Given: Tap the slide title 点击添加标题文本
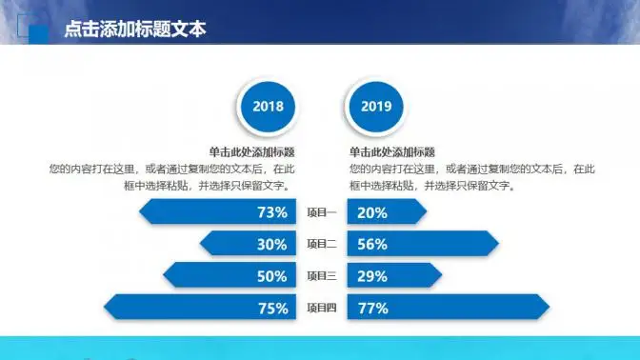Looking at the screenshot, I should click(134, 30).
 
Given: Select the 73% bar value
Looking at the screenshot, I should click(272, 212).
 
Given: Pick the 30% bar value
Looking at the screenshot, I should click(272, 245).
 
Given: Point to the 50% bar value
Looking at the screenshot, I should click(272, 276).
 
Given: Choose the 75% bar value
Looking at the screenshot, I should click(272, 308).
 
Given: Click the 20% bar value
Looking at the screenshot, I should click(372, 212).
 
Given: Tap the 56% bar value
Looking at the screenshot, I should click(372, 245).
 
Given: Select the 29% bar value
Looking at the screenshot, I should click(372, 276).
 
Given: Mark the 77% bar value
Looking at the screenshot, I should click(372, 308).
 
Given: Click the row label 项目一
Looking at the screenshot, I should click(322, 212).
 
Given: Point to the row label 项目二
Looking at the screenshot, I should click(322, 245).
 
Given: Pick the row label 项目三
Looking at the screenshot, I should click(322, 276).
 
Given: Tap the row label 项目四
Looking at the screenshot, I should click(322, 308).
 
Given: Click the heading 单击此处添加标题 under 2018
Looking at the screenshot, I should click(251, 151).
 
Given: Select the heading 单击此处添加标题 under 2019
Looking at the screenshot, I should click(391, 151).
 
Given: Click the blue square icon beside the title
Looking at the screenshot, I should click(39, 31).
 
